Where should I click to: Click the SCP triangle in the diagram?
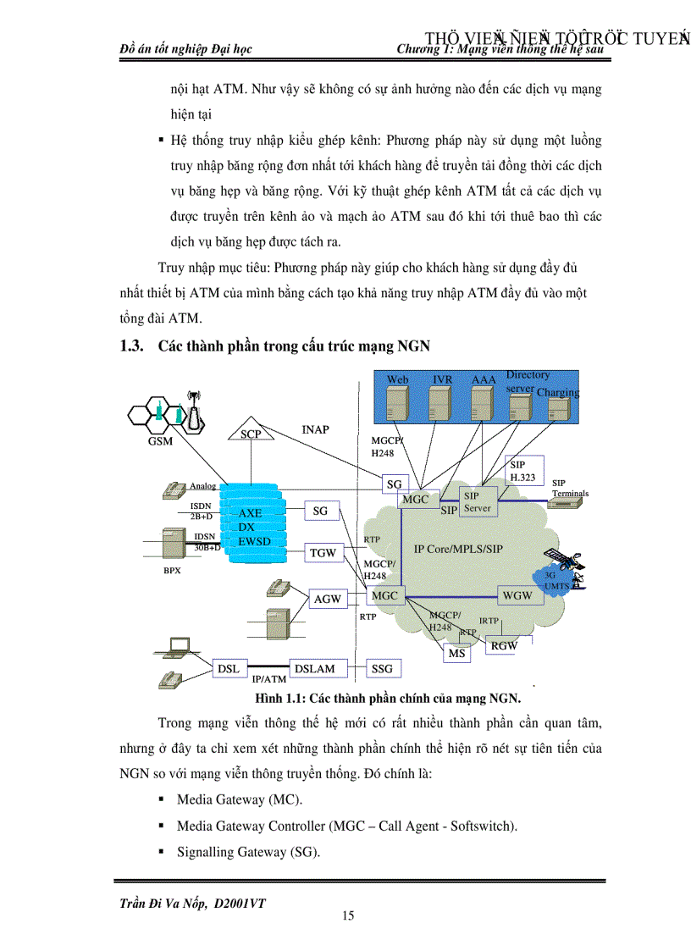coord(252,432)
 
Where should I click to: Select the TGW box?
coord(323,553)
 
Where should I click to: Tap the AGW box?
coord(327,598)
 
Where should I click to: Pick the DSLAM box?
coord(314,668)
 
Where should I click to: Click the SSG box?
coord(383,668)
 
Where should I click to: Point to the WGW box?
coord(517,595)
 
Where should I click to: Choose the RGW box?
coord(504,645)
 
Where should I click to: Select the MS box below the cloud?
coord(457,653)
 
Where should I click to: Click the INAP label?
coord(315,429)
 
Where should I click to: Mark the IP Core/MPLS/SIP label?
coord(458,549)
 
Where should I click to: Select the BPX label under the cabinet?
coord(172,570)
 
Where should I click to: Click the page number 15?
coord(347,915)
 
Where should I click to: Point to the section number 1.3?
coord(133,345)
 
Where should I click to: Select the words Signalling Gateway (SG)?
coord(248,852)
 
